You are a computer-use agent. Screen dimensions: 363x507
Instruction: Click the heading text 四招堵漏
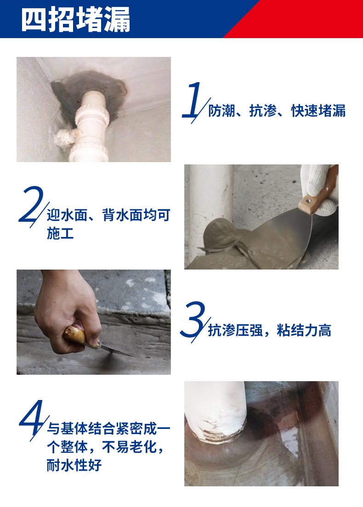[x=76, y=19]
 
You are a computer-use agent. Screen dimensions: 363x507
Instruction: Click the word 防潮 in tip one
[x=221, y=111]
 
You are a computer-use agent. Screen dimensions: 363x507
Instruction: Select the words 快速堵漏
[x=318, y=111]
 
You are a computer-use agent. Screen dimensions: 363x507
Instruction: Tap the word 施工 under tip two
[x=60, y=233]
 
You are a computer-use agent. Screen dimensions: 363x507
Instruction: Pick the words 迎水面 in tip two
[x=67, y=215]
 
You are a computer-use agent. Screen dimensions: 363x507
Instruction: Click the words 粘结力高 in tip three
[x=304, y=331]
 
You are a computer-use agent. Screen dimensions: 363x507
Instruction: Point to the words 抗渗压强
[x=235, y=331]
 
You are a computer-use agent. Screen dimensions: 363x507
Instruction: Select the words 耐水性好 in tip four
[x=74, y=465]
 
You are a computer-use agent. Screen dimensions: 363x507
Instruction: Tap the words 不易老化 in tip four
[x=130, y=447]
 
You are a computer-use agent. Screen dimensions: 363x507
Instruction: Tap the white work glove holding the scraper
[x=319, y=187]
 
